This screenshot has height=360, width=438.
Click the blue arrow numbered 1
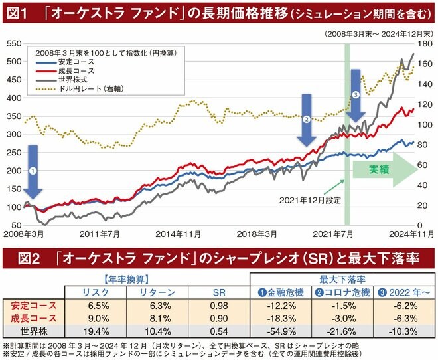pos(34,171)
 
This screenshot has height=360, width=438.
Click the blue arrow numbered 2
pos(307,120)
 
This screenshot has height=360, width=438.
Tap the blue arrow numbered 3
pos(356,96)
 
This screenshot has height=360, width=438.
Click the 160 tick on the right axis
pos(425,64)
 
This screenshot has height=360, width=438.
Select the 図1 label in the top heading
pos(16,13)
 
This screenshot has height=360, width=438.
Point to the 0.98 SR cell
pos(218,306)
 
